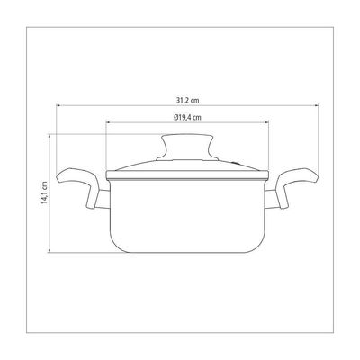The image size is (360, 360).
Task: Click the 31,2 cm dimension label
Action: click(187, 100)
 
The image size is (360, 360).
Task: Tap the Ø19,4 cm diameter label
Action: click(187, 117)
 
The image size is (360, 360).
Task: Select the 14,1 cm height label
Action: click(44, 193)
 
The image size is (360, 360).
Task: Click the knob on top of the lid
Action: click(187, 147)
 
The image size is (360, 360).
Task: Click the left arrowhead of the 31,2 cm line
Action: click(59, 105)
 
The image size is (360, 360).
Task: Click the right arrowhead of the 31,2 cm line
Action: click(316, 105)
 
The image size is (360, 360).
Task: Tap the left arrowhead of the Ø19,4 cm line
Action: click(109, 122)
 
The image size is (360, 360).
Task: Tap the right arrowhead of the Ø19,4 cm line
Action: click(266, 122)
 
